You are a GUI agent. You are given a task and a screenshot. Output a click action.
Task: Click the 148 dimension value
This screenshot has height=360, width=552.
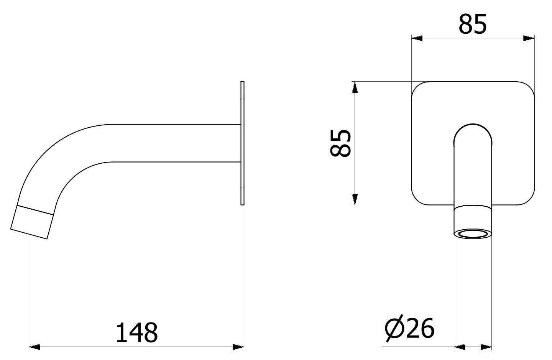point(137,332)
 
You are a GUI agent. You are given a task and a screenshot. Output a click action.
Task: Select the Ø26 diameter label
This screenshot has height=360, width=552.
point(409,328)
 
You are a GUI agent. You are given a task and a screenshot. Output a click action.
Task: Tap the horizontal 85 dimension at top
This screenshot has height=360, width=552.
point(473,24)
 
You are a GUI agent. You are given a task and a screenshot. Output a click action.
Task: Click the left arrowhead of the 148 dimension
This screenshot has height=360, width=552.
point(34,347)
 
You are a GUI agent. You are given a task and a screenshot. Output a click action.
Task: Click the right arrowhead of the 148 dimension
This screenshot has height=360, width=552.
point(238,347)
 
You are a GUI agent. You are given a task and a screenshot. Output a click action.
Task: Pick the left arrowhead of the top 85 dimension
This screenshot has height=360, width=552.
point(417,38)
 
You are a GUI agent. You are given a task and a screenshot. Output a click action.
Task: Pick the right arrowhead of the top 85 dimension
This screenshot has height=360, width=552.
point(529,38)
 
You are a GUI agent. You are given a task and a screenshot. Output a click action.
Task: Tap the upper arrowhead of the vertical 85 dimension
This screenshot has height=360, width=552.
point(355,87)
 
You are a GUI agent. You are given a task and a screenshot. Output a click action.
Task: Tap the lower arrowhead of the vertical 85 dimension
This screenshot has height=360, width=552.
point(355,199)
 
